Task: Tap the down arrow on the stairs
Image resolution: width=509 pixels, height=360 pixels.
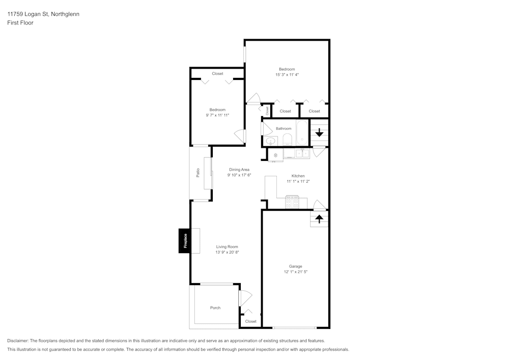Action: point(319,133)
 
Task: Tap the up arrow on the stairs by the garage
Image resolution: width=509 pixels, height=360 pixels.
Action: point(319,219)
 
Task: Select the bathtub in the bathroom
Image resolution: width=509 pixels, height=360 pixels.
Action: point(302,133)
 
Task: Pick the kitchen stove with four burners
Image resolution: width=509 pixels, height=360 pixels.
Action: point(292,202)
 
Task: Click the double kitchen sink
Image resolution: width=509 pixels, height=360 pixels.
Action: point(302,153)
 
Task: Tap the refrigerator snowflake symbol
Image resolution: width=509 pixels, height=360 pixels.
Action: point(275,155)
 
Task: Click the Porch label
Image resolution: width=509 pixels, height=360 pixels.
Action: point(215,308)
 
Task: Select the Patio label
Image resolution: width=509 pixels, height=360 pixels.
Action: point(197,173)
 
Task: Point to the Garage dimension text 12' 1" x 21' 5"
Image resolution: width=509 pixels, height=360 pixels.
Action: point(296,272)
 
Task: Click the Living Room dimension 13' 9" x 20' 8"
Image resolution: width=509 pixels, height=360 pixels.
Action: point(227,252)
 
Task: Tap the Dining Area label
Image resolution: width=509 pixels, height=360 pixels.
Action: point(239,170)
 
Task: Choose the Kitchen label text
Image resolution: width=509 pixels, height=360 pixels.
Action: point(298,176)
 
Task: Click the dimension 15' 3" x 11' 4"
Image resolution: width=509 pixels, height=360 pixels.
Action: point(287,75)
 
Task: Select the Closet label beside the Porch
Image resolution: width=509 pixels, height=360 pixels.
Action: point(251,321)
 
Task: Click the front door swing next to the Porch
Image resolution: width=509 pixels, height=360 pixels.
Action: point(245,297)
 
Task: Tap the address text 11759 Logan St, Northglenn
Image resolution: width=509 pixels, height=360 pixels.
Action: point(43,14)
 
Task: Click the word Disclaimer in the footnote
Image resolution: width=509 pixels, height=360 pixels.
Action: point(18,341)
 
